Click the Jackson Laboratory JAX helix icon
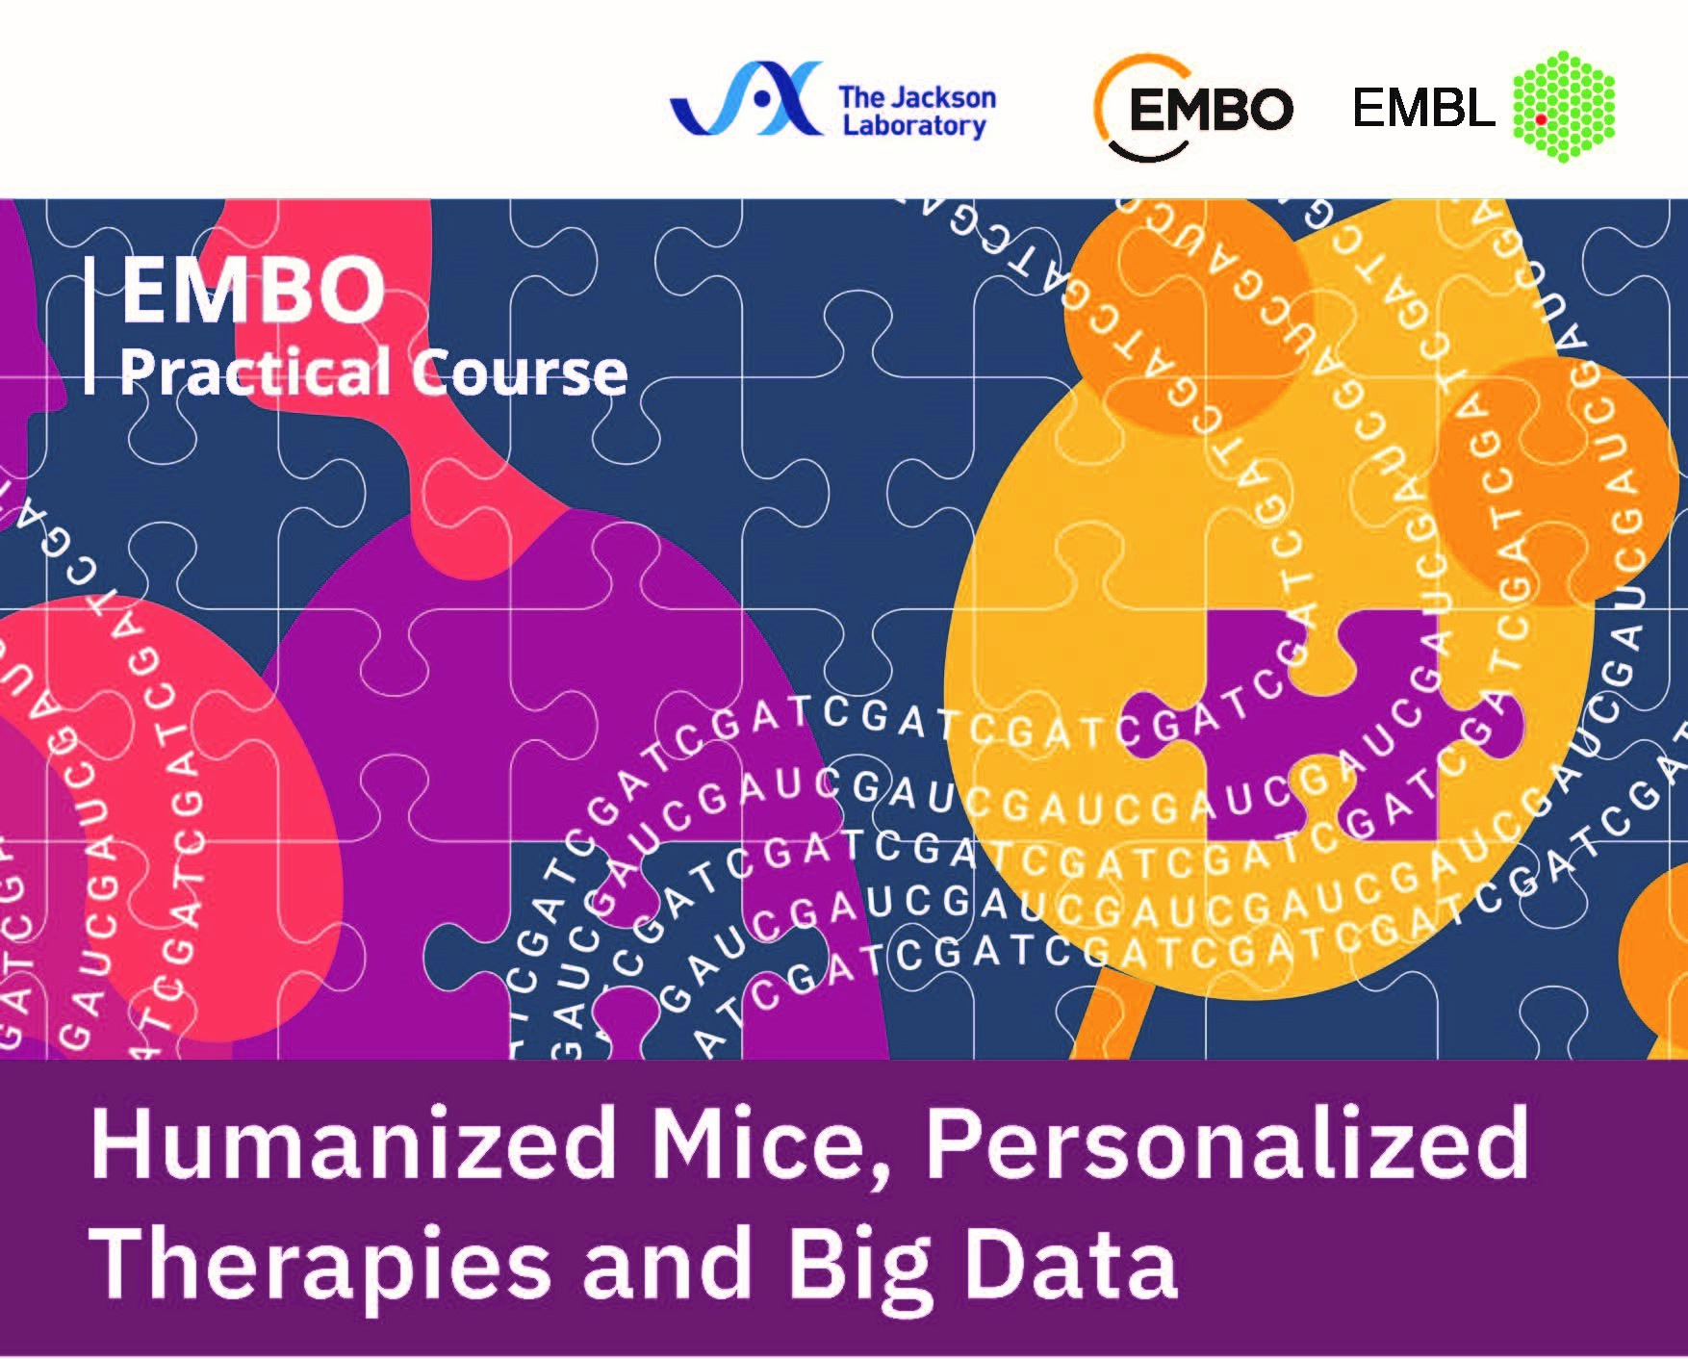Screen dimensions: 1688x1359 click(x=747, y=98)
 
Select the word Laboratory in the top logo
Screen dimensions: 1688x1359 click(x=914, y=126)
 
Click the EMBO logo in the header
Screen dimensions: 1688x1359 click(x=1193, y=108)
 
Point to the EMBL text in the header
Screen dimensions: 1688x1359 click(x=1423, y=108)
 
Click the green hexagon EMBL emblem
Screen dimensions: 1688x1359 click(x=1564, y=106)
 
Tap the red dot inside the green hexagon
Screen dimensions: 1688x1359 click(x=1541, y=120)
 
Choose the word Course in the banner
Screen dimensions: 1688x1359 click(x=521, y=373)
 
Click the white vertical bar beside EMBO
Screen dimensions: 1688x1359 click(x=90, y=325)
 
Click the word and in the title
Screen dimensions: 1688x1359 click(x=670, y=1261)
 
